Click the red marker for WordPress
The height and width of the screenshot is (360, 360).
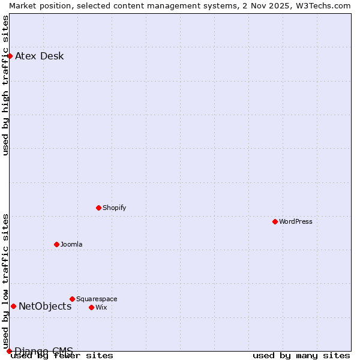tap(275, 221)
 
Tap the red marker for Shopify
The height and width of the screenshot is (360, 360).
tap(98, 208)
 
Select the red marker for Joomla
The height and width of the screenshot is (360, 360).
tap(56, 244)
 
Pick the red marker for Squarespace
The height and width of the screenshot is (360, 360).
tap(72, 299)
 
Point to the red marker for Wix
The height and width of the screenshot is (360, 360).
tap(91, 307)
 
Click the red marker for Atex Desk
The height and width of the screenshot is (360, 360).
tap(10, 56)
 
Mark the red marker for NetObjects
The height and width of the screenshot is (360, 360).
tap(13, 306)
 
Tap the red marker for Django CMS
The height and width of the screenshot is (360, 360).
tap(9, 351)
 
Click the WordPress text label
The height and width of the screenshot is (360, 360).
tap(296, 221)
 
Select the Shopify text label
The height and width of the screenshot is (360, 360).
tap(115, 208)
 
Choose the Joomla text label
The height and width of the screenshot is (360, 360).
tap(71, 244)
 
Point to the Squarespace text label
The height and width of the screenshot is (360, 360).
tap(97, 299)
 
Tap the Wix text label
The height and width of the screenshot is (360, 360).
tap(101, 307)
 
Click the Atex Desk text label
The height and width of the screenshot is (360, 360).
tap(40, 56)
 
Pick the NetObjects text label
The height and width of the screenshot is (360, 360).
tap(45, 307)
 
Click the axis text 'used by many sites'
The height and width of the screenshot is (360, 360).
tap(301, 356)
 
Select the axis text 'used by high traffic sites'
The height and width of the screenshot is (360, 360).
tap(5, 85)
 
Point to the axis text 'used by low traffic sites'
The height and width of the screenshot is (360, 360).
tap(5, 281)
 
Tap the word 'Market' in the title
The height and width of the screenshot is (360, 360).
tap(23, 5)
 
